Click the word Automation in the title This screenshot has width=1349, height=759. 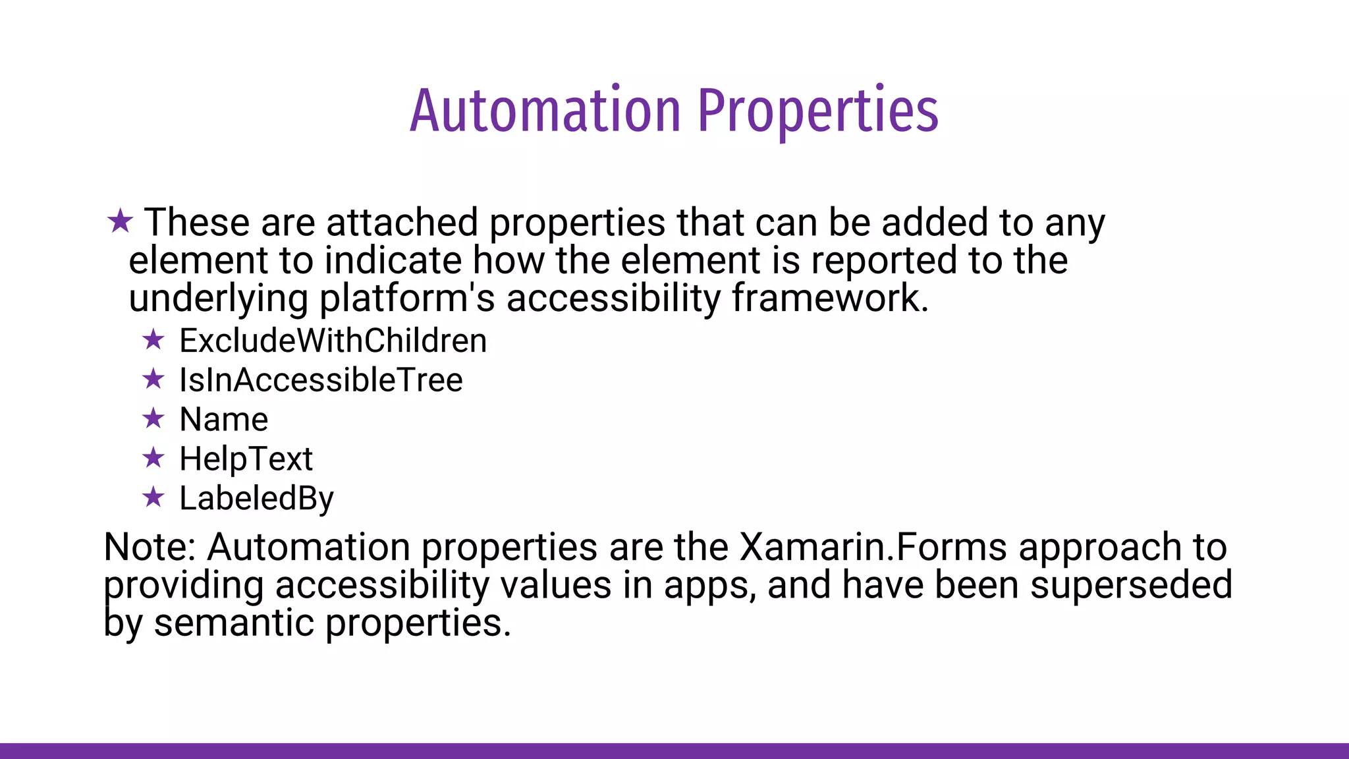click(545, 111)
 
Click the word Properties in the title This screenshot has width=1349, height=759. click(818, 111)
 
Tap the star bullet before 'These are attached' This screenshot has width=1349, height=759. click(120, 221)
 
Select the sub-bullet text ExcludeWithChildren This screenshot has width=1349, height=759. click(333, 341)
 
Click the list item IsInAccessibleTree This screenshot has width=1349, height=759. click(321, 380)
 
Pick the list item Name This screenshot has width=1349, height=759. click(223, 420)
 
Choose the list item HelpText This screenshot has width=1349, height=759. click(246, 459)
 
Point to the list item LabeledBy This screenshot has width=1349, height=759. click(256, 498)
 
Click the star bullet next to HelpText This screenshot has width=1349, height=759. click(153, 457)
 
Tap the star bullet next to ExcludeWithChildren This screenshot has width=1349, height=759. click(153, 340)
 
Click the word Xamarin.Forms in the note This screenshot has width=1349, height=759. click(873, 547)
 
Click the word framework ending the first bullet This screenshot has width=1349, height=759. click(829, 298)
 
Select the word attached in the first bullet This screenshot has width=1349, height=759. click(402, 222)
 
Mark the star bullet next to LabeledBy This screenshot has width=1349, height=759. click(153, 497)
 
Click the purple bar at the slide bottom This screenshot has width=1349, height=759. click(674, 750)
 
